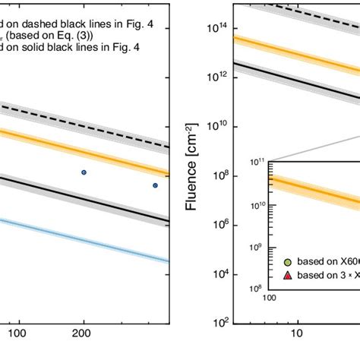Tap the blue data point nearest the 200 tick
pos(84,172)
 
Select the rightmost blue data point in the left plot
pos(155,185)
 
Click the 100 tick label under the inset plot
pos(270,298)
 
